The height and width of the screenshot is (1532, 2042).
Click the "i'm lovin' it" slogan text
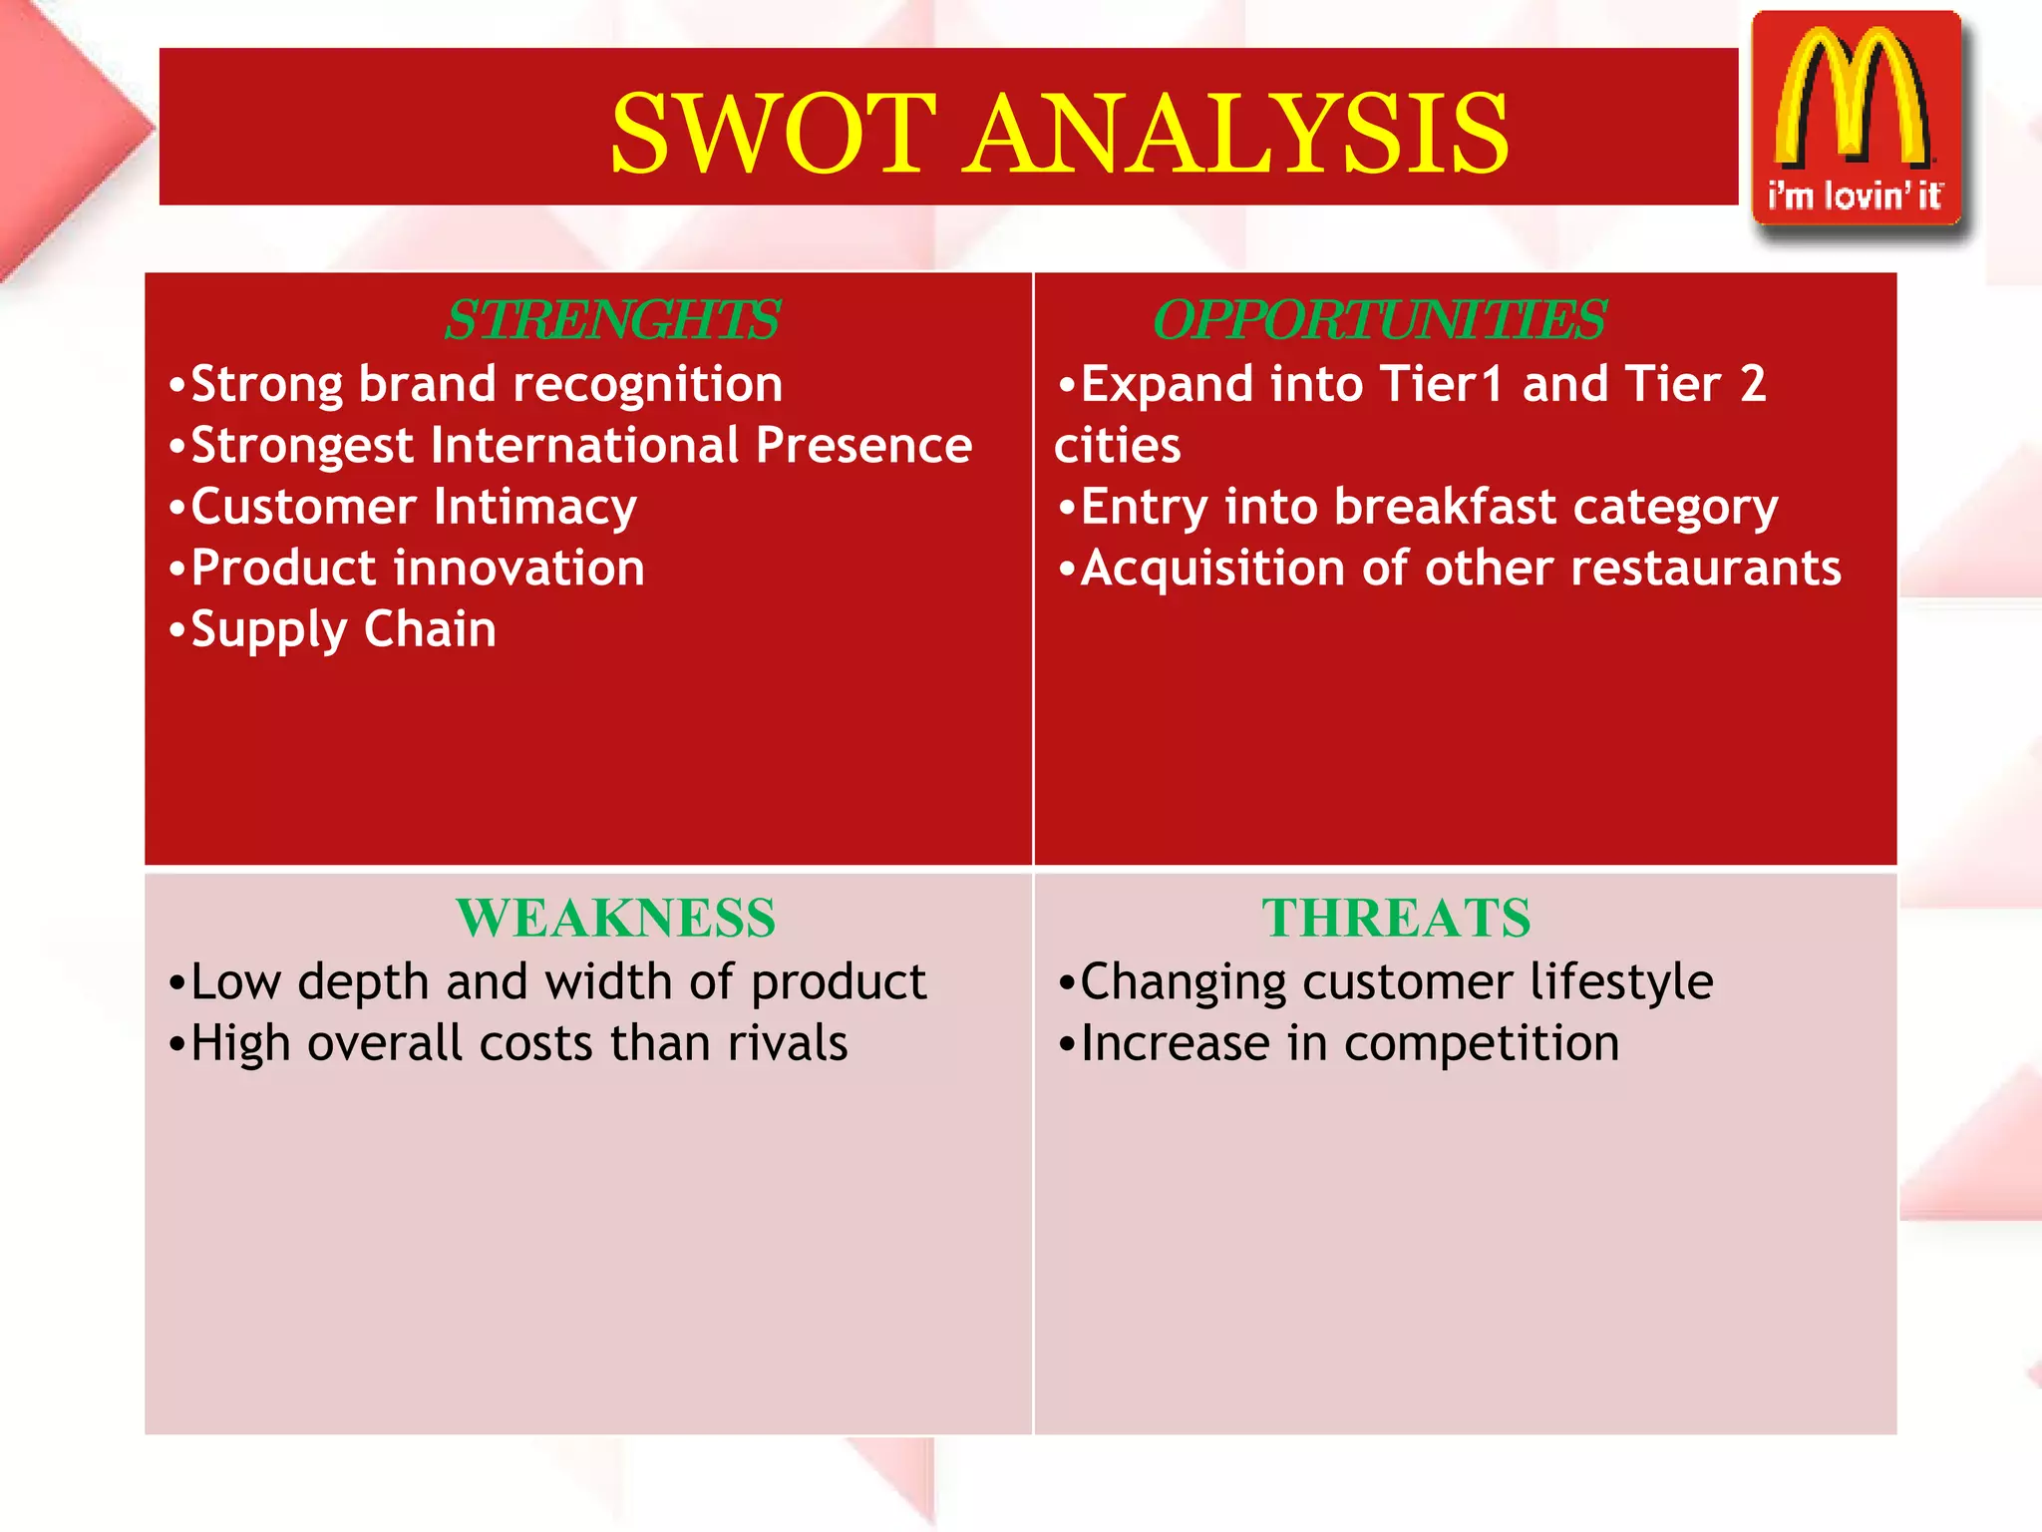click(1855, 195)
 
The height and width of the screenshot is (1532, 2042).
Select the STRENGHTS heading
click(611, 320)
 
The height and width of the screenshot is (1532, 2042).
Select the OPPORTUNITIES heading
click(1379, 320)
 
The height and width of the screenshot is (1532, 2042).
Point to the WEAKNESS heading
click(615, 918)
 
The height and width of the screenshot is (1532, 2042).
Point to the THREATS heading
click(1396, 918)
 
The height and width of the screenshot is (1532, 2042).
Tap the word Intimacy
click(535, 508)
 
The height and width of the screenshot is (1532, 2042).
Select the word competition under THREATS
click(1482, 1044)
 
